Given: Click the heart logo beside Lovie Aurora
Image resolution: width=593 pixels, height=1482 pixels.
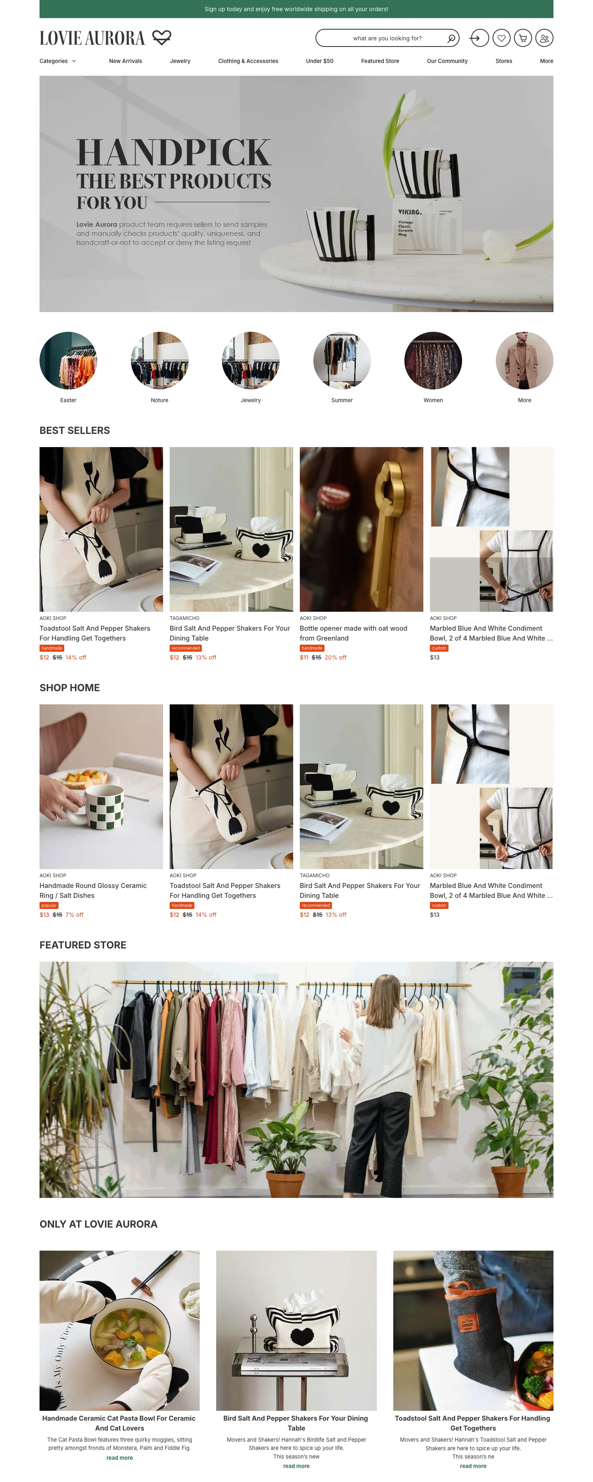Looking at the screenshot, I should [162, 38].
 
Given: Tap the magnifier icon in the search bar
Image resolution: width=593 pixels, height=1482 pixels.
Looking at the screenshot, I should [451, 39].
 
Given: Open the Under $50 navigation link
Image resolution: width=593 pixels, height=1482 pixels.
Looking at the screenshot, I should [320, 61].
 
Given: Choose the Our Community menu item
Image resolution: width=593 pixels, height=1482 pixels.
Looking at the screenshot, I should [447, 61].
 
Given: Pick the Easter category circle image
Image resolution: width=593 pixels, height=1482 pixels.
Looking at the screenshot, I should [68, 361].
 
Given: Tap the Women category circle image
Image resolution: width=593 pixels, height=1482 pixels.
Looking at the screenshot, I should [433, 361].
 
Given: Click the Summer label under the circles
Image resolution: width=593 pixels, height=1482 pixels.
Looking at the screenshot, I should [342, 401].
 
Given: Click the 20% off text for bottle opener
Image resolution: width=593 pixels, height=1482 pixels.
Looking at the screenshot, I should [335, 657].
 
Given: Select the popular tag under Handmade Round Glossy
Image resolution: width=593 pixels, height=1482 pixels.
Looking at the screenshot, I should [49, 906].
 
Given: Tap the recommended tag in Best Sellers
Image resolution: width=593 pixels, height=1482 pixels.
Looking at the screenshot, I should [185, 648].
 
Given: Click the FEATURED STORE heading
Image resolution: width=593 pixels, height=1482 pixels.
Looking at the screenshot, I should [83, 945].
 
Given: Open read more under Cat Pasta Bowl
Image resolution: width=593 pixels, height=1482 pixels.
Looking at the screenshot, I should [119, 1458].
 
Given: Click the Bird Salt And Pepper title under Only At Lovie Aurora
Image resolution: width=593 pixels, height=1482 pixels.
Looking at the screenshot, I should [296, 1423].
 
